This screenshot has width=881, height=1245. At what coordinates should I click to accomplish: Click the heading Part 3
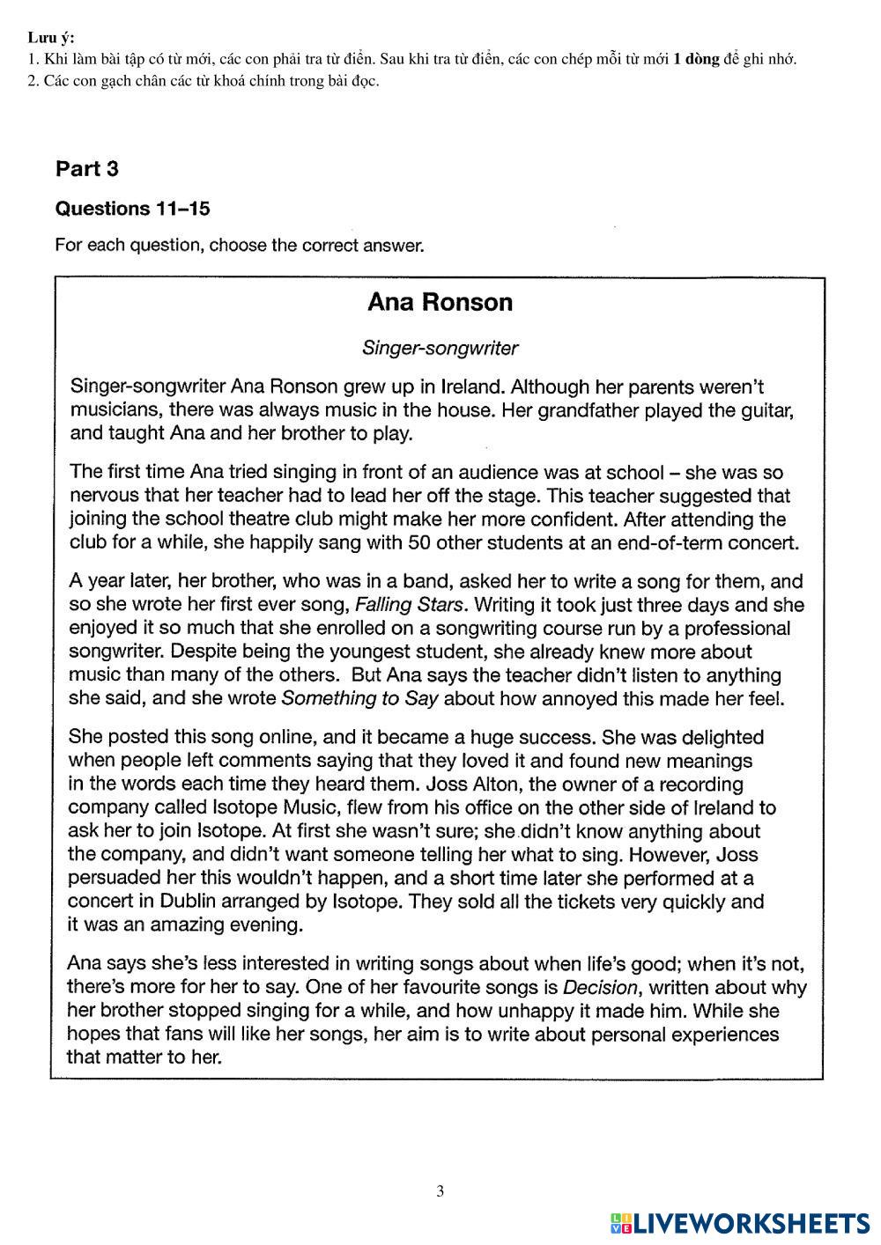[86, 168]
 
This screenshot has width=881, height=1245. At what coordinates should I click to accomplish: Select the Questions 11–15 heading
[132, 209]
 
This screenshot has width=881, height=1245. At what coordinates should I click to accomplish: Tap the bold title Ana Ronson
[440, 302]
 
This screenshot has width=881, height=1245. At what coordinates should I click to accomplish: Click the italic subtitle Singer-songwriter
[440, 348]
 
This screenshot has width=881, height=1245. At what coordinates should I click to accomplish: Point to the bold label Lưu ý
[50, 37]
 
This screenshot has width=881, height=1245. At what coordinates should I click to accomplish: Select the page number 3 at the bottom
[440, 1191]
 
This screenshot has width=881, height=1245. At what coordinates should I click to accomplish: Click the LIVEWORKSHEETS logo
[740, 1222]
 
